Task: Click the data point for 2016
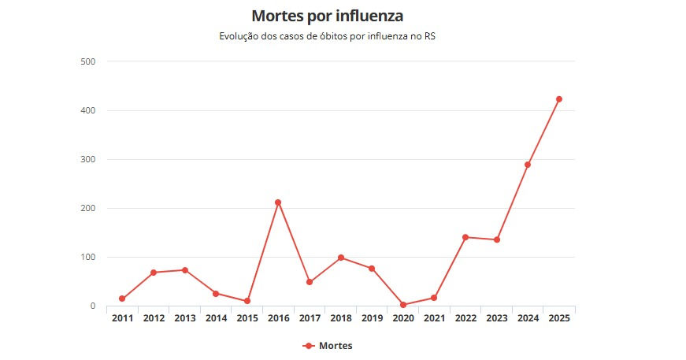tap(278, 202)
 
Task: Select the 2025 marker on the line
tap(559, 99)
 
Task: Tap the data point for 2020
tap(403, 305)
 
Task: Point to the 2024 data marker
tap(528, 165)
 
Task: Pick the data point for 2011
tap(122, 299)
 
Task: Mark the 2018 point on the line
tap(340, 258)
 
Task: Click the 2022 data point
tap(465, 237)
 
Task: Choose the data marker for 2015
tap(247, 301)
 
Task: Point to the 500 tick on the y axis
tap(88, 61)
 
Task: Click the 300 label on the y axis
tap(88, 159)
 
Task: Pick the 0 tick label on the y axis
tap(92, 306)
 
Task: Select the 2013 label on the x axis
tap(184, 318)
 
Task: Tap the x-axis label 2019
tap(372, 318)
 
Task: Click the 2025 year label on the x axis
tap(559, 318)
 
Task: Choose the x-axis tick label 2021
tap(434, 318)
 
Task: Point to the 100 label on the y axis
tap(88, 257)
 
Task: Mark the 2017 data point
tap(310, 282)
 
